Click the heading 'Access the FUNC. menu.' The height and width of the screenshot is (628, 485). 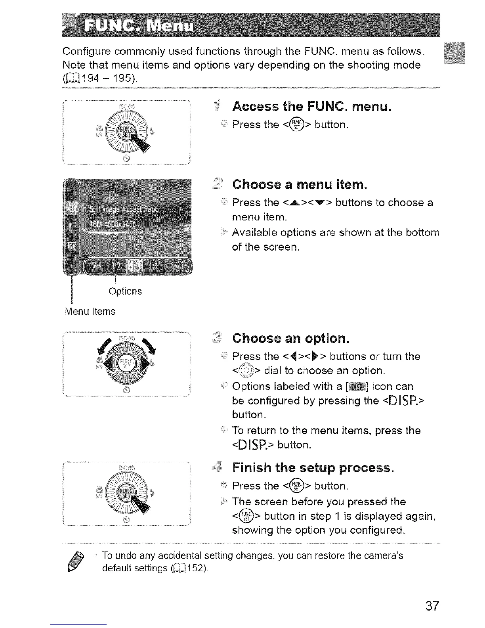point(311,107)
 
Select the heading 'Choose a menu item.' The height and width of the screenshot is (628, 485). point(300,185)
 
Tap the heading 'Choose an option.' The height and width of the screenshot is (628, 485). point(291,338)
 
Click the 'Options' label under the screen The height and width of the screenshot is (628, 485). point(125,291)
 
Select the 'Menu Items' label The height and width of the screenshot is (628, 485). point(90,312)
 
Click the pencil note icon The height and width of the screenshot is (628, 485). point(79,561)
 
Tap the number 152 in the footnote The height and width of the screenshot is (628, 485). point(196,568)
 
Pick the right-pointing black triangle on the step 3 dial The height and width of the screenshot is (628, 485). point(144,362)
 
